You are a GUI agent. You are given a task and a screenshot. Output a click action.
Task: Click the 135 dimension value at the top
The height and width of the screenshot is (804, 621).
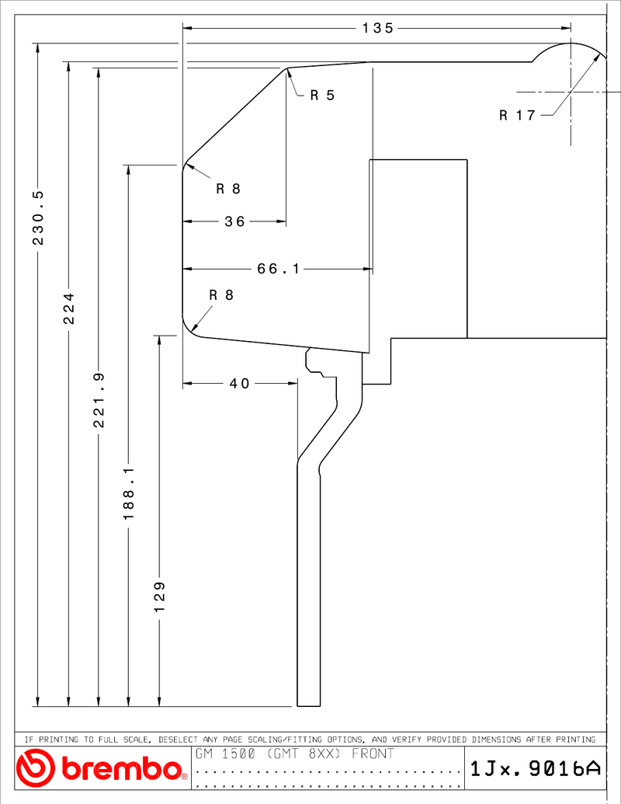pos(378,28)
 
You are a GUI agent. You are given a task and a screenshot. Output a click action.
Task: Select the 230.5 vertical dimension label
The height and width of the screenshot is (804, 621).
pos(39,218)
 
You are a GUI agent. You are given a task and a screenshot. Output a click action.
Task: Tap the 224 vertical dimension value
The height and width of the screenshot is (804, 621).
pos(68,308)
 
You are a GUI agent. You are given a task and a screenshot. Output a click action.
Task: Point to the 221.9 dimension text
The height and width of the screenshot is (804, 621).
pos(99,401)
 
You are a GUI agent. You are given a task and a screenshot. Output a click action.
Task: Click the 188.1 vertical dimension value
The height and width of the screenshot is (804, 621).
pos(129,493)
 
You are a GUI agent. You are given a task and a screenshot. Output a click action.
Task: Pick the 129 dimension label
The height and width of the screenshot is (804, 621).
pos(159,597)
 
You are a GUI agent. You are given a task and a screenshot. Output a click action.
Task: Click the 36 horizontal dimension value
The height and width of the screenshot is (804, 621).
pos(234,221)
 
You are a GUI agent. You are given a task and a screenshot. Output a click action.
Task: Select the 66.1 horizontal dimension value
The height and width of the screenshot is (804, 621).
pos(278,269)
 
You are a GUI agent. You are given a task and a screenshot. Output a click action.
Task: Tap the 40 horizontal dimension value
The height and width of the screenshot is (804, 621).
pos(239,384)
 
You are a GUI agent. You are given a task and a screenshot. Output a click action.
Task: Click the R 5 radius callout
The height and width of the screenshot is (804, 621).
pos(322,96)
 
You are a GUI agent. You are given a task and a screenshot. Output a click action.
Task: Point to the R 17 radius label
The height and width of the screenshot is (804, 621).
pos(518,116)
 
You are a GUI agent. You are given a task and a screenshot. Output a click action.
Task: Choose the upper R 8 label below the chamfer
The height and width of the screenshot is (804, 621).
pos(228,190)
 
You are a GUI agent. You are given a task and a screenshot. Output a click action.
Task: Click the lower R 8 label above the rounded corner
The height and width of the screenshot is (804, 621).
pos(221,295)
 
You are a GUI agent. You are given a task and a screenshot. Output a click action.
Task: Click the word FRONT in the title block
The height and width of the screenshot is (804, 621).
pos(373,754)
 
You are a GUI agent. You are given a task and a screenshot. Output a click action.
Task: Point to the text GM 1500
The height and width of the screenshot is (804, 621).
pos(225,754)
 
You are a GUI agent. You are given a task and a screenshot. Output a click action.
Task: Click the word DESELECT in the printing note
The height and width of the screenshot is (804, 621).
pos(179,740)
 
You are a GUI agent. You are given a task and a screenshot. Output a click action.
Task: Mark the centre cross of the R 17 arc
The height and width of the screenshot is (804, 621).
pos(571,92)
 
